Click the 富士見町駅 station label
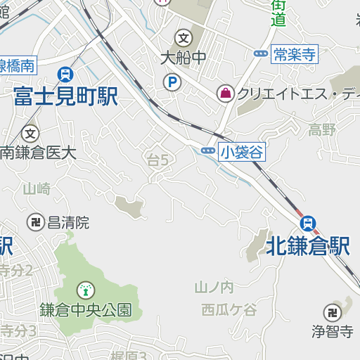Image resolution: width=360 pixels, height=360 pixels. tap(65, 96)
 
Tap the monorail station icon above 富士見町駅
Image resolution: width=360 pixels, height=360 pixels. tap(65, 74)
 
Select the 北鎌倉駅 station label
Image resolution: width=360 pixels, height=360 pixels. tap(307, 246)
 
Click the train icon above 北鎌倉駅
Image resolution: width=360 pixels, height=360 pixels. tap(307, 224)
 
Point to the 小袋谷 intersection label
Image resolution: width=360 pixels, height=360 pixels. tap(241, 151)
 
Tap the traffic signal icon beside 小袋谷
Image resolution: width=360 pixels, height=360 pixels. tap(208, 151)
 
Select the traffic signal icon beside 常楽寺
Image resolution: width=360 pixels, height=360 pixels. tap(261, 53)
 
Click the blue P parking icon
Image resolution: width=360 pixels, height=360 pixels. tap(172, 83)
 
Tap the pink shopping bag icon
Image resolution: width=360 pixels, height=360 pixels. tap(226, 93)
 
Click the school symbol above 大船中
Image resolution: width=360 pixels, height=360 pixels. tap(184, 37)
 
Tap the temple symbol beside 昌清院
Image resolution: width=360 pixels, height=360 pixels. tap(34, 222)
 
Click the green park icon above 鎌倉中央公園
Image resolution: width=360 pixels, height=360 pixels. tap(85, 288)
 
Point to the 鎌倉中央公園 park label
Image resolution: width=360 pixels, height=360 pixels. tap(85, 309)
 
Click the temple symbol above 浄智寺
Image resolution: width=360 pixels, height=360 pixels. tap(332, 311)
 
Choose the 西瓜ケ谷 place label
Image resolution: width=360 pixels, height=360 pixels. tap(229, 309)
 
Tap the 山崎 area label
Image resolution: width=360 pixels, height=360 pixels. tap(37, 188)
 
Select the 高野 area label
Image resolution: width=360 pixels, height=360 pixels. tap(322, 129)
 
